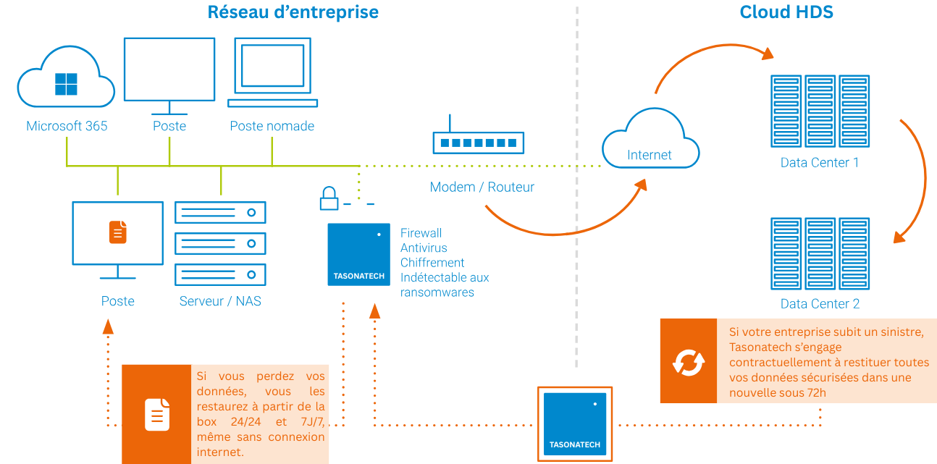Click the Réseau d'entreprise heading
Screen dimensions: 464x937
[x=293, y=12]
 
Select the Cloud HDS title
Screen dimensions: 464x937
[x=786, y=12]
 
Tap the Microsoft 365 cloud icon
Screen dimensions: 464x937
[x=66, y=80]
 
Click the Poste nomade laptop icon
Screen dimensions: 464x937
[x=272, y=72]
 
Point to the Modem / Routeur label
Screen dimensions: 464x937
[x=482, y=187]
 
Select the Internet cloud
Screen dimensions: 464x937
[x=650, y=140]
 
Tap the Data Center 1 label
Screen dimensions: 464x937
[x=819, y=163]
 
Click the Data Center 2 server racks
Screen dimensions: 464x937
[x=820, y=254]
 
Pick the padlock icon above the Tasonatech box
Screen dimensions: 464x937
[x=329, y=198]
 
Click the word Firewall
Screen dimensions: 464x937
[x=421, y=233]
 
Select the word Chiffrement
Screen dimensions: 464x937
[x=432, y=263]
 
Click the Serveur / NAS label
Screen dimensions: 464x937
[x=220, y=301]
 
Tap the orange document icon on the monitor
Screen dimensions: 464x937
[x=118, y=232]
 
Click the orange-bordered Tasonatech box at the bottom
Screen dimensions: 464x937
[x=575, y=423]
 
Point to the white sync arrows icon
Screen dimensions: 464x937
[x=688, y=361]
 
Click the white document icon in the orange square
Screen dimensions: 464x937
[x=157, y=414]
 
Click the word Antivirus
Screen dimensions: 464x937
[x=424, y=248]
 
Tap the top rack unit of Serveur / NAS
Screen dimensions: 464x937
[x=220, y=213]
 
